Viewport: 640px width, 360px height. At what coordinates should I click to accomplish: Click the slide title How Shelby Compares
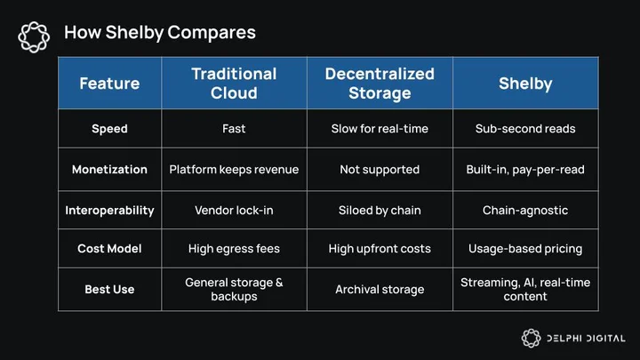160,33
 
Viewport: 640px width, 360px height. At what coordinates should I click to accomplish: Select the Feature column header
109,84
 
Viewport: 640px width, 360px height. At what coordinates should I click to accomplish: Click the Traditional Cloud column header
234,84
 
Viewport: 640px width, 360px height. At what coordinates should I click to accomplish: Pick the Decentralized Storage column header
380,84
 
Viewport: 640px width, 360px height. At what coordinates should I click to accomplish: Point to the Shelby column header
525,84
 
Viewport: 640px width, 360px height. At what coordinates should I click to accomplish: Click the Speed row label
109,129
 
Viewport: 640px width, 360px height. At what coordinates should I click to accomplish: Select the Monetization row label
109,170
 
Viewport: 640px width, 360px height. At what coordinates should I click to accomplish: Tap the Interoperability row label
109,211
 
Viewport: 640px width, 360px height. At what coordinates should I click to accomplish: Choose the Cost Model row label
109,249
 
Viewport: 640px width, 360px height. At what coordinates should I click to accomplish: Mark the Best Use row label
109,290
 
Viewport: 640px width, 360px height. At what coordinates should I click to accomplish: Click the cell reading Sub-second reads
525,129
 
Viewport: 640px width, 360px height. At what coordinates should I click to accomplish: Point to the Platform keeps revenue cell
234,170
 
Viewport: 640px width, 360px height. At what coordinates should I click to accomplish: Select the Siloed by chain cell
380,210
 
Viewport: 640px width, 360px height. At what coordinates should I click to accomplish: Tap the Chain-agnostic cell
525,210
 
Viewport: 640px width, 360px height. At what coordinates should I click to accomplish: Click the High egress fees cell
234,249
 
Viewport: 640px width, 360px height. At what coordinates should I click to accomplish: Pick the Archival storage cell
380,290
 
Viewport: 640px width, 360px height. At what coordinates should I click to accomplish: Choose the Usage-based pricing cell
525,249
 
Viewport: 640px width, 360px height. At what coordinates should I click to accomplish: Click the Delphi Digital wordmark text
586,339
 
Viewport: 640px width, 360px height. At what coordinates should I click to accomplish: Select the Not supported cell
380,170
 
